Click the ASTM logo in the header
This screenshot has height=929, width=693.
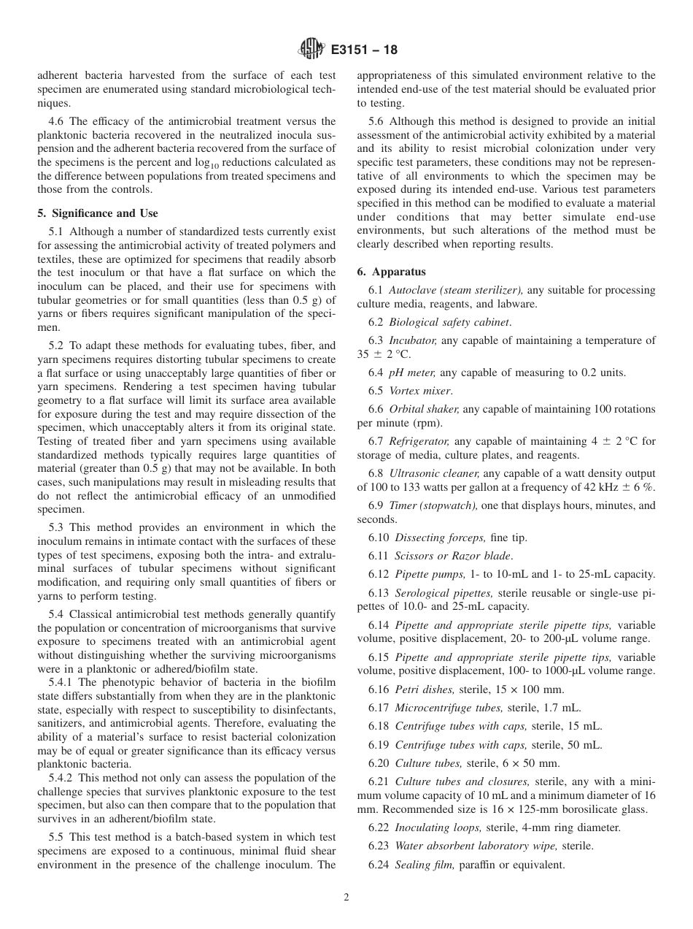coord(311,50)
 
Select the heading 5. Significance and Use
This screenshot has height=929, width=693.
coord(97,213)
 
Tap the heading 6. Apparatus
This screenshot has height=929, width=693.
coord(391,271)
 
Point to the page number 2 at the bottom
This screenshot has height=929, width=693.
coord(346,898)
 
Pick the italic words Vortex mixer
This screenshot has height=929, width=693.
coord(420,391)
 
